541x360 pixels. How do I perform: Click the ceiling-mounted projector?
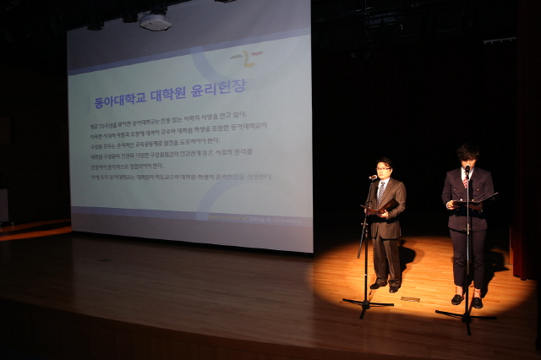[156, 21]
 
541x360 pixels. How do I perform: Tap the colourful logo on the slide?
[246, 58]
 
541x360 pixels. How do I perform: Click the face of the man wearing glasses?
[385, 168]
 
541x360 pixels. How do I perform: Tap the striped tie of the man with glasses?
[382, 190]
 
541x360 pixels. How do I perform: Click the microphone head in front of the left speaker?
[372, 178]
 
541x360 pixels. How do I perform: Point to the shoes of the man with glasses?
[385, 286]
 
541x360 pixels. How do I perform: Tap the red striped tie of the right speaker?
[465, 181]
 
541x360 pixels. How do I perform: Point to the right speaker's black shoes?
[467, 300]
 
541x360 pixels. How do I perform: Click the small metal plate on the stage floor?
[410, 298]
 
